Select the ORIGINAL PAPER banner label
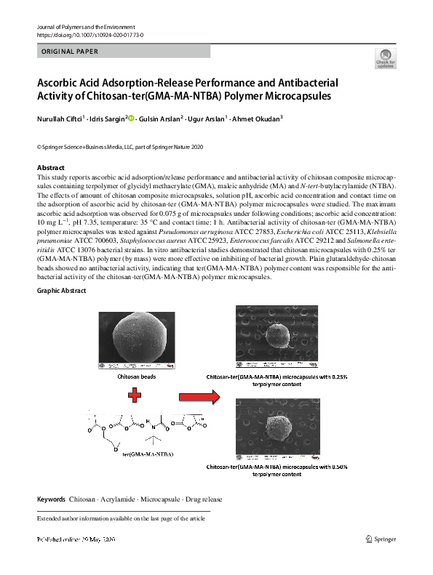[67, 52]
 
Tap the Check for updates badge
[384, 59]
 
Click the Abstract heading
[50, 168]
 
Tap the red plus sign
[135, 397]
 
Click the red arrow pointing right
[198, 397]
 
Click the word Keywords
[51, 499]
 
